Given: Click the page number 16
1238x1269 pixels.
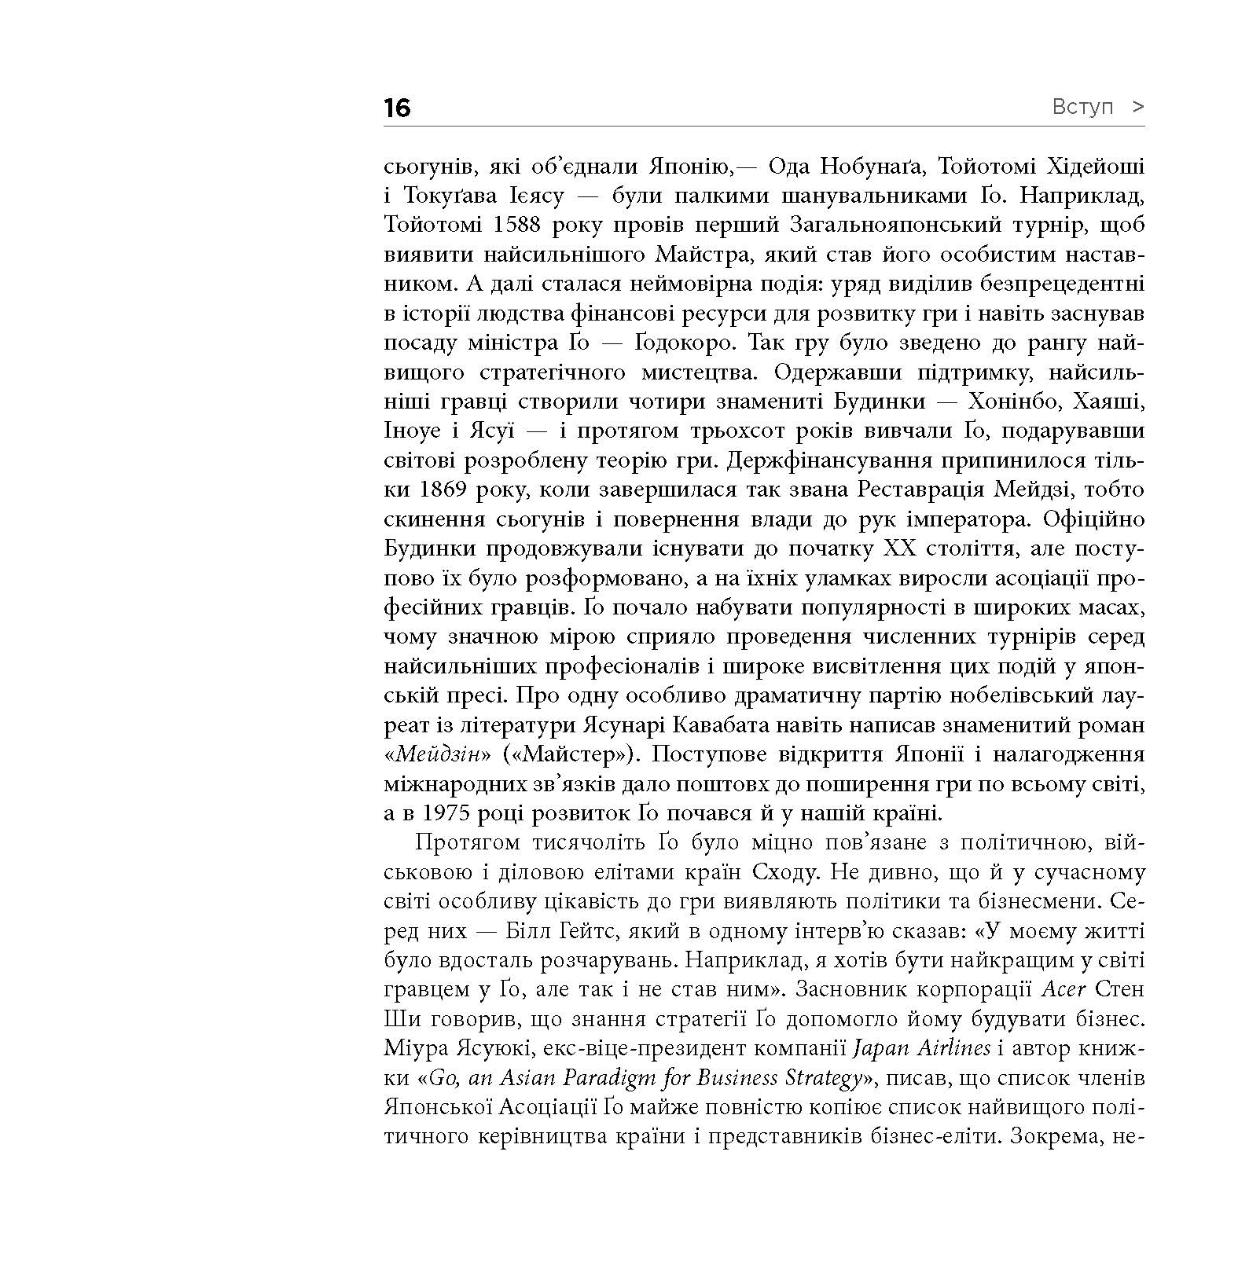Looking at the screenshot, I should [398, 108].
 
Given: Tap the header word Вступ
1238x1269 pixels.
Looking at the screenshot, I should [1082, 107].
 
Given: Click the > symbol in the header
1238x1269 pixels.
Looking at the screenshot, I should [1137, 107].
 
